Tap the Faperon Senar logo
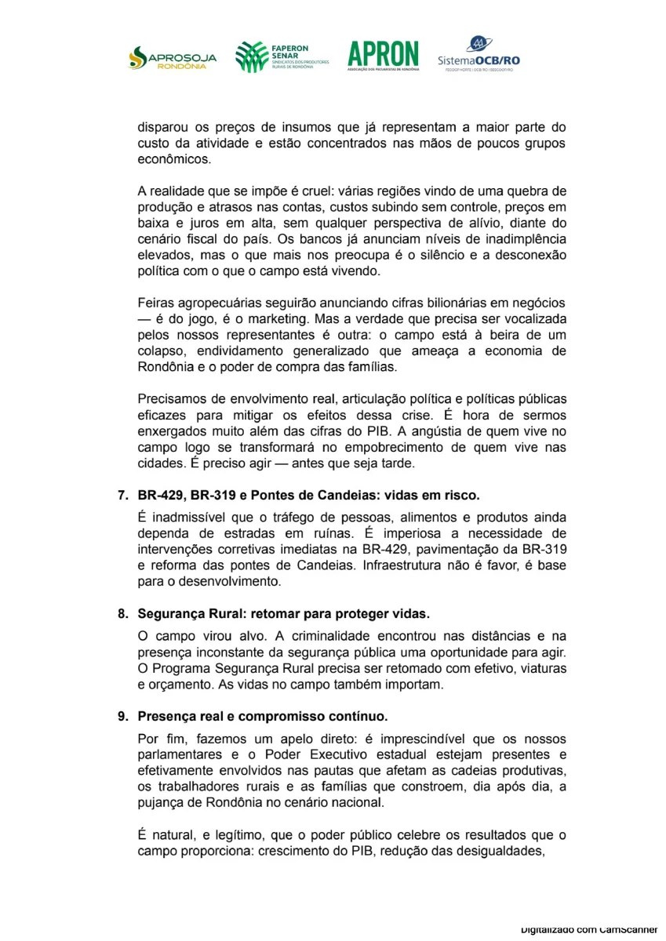(x=282, y=56)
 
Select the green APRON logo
(x=383, y=56)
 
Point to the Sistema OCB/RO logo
(x=479, y=55)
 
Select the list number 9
(x=122, y=717)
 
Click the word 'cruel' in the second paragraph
(x=304, y=191)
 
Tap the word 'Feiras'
(x=155, y=303)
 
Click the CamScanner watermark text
(x=588, y=928)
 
